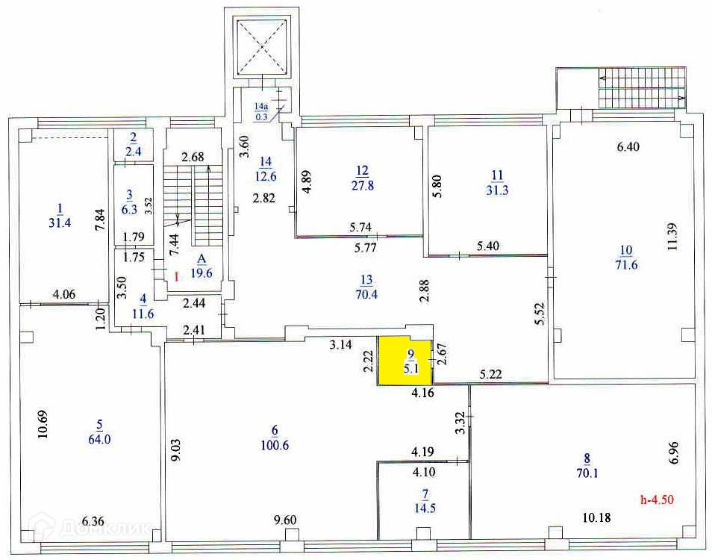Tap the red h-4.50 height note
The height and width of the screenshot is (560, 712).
click(658, 500)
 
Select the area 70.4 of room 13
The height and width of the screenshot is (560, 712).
click(366, 293)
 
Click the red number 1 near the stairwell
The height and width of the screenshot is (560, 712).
click(176, 276)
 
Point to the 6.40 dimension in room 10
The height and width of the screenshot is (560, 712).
click(628, 147)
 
